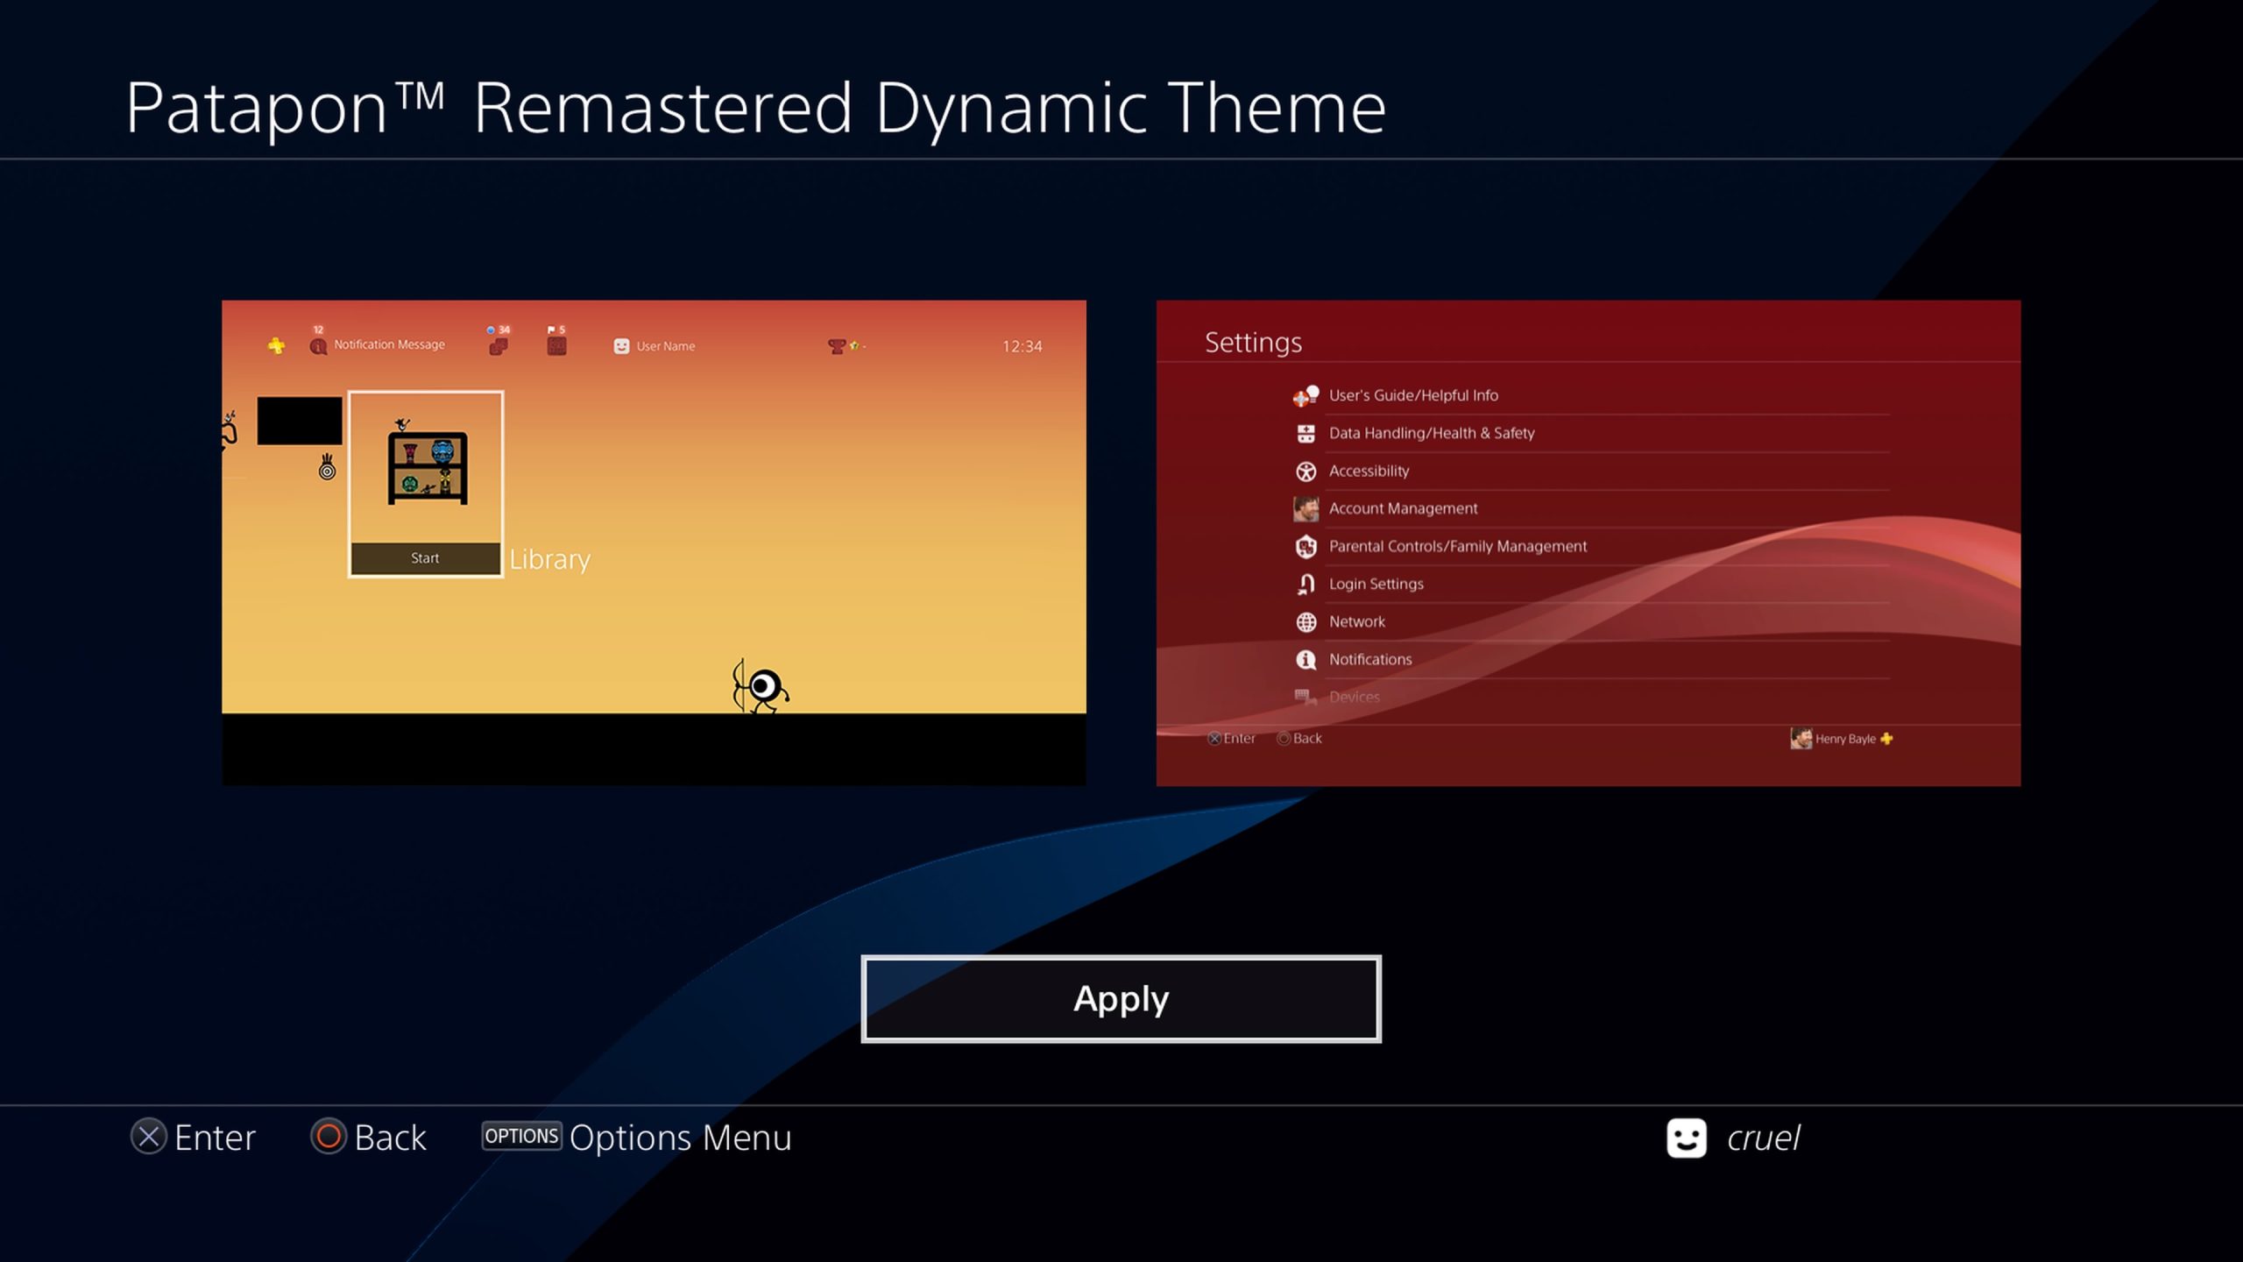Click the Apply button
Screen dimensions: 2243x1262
click(1121, 999)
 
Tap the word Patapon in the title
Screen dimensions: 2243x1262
click(257, 109)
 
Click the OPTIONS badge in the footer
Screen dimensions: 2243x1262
click(521, 1136)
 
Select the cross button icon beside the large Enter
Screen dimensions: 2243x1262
click(149, 1137)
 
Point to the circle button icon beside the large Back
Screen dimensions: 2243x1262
click(329, 1137)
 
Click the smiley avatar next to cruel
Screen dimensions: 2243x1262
click(1686, 1138)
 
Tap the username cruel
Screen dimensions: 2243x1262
click(1763, 1138)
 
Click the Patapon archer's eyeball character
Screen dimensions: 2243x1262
click(761, 686)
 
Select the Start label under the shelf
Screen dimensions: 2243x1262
click(425, 558)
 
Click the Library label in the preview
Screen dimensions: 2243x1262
click(550, 559)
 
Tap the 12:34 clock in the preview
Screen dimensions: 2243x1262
click(1022, 346)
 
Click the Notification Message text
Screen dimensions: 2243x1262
click(389, 344)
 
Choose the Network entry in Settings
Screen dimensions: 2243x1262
click(1357, 621)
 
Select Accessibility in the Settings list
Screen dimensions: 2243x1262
click(1369, 471)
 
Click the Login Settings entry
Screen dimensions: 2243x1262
click(1376, 584)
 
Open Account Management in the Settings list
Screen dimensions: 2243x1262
click(1403, 508)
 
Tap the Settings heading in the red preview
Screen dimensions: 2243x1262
click(1253, 343)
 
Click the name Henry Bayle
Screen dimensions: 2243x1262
click(1845, 739)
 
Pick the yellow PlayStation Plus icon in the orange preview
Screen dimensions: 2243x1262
click(276, 345)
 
